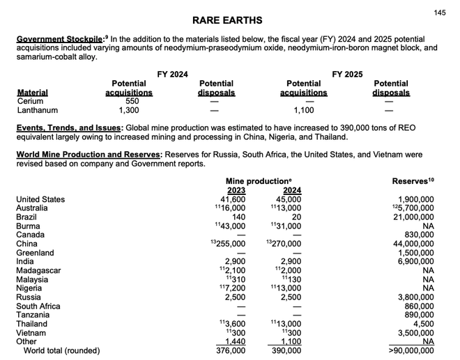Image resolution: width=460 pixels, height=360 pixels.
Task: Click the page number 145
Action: pos(440,13)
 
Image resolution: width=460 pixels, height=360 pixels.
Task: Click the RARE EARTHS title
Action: pos(227,21)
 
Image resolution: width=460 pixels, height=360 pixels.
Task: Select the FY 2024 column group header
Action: pos(172,74)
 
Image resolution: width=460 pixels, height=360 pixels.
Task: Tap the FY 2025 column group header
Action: pos(347,74)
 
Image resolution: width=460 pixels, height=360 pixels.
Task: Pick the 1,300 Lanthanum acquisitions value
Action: pos(129,110)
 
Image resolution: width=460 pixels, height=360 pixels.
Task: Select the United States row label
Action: pos(40,199)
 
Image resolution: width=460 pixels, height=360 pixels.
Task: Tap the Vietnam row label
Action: pos(32,333)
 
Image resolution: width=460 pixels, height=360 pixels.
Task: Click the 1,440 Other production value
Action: pos(233,342)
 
